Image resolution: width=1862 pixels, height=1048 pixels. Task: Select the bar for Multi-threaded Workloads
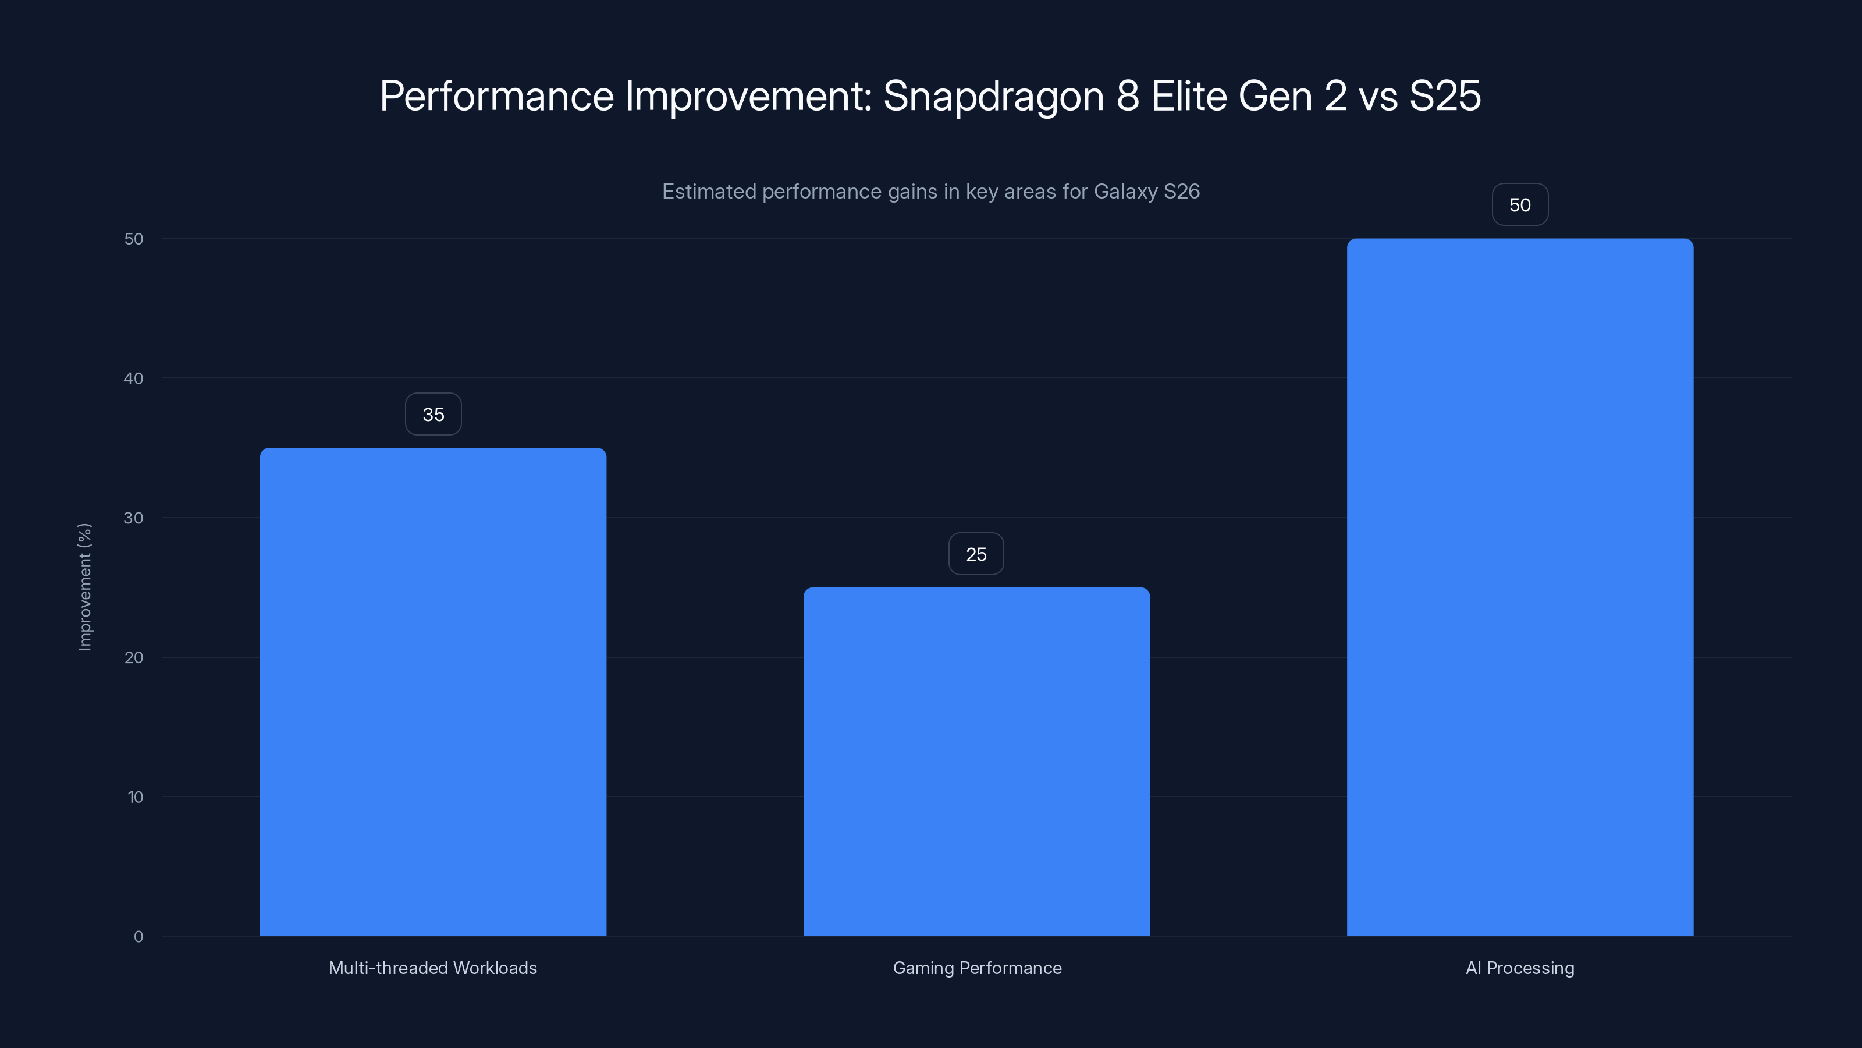[x=433, y=692]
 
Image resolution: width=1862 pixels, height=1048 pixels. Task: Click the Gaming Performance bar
[x=976, y=761]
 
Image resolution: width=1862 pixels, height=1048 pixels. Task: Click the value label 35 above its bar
[x=433, y=415]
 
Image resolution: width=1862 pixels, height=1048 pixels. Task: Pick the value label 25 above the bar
[x=976, y=554]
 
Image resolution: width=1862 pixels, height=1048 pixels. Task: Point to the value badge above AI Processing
[x=1520, y=205]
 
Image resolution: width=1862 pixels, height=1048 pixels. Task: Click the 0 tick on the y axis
[x=138, y=937]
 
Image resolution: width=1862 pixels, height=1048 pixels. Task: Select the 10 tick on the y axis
[x=135, y=797]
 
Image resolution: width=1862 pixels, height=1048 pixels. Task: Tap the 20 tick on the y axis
[x=134, y=657]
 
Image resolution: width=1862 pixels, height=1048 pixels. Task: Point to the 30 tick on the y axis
[x=134, y=518]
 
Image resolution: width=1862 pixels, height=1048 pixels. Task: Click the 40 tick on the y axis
[x=134, y=378]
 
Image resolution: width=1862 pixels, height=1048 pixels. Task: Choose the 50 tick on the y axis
[x=134, y=239]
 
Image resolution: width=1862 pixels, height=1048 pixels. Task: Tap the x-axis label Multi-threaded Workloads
[x=433, y=968]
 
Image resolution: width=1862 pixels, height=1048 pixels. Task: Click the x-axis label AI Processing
[x=1520, y=968]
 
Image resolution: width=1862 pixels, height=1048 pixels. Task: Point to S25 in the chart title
[x=1445, y=96]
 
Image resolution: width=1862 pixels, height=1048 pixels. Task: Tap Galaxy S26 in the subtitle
[x=1146, y=192]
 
